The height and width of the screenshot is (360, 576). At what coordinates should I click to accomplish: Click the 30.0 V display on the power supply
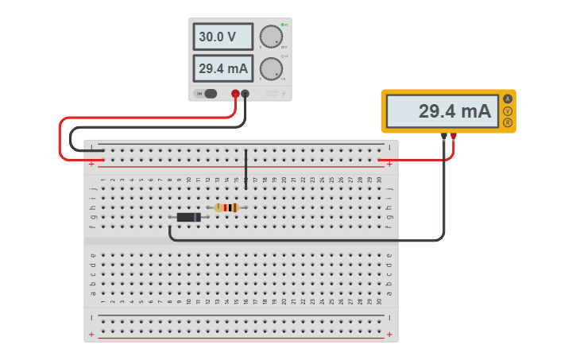(222, 37)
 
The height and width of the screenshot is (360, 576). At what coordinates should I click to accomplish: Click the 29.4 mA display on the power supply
(222, 68)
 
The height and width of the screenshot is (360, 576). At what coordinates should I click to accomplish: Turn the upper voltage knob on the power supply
(271, 37)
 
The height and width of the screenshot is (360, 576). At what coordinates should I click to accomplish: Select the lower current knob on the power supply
(271, 68)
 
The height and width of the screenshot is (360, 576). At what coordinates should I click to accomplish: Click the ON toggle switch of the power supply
(209, 94)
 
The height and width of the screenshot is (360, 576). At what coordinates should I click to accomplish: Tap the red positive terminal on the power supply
(235, 94)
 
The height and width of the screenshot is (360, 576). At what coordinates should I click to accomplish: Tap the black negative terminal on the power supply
(245, 94)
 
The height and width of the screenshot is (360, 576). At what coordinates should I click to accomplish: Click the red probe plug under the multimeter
(454, 136)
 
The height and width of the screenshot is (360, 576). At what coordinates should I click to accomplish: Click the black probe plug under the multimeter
(444, 136)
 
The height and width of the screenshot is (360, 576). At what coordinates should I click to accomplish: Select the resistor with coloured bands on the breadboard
(226, 207)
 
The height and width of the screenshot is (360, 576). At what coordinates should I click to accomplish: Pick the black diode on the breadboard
(188, 217)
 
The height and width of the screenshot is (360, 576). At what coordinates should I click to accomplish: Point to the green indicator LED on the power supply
(282, 25)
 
